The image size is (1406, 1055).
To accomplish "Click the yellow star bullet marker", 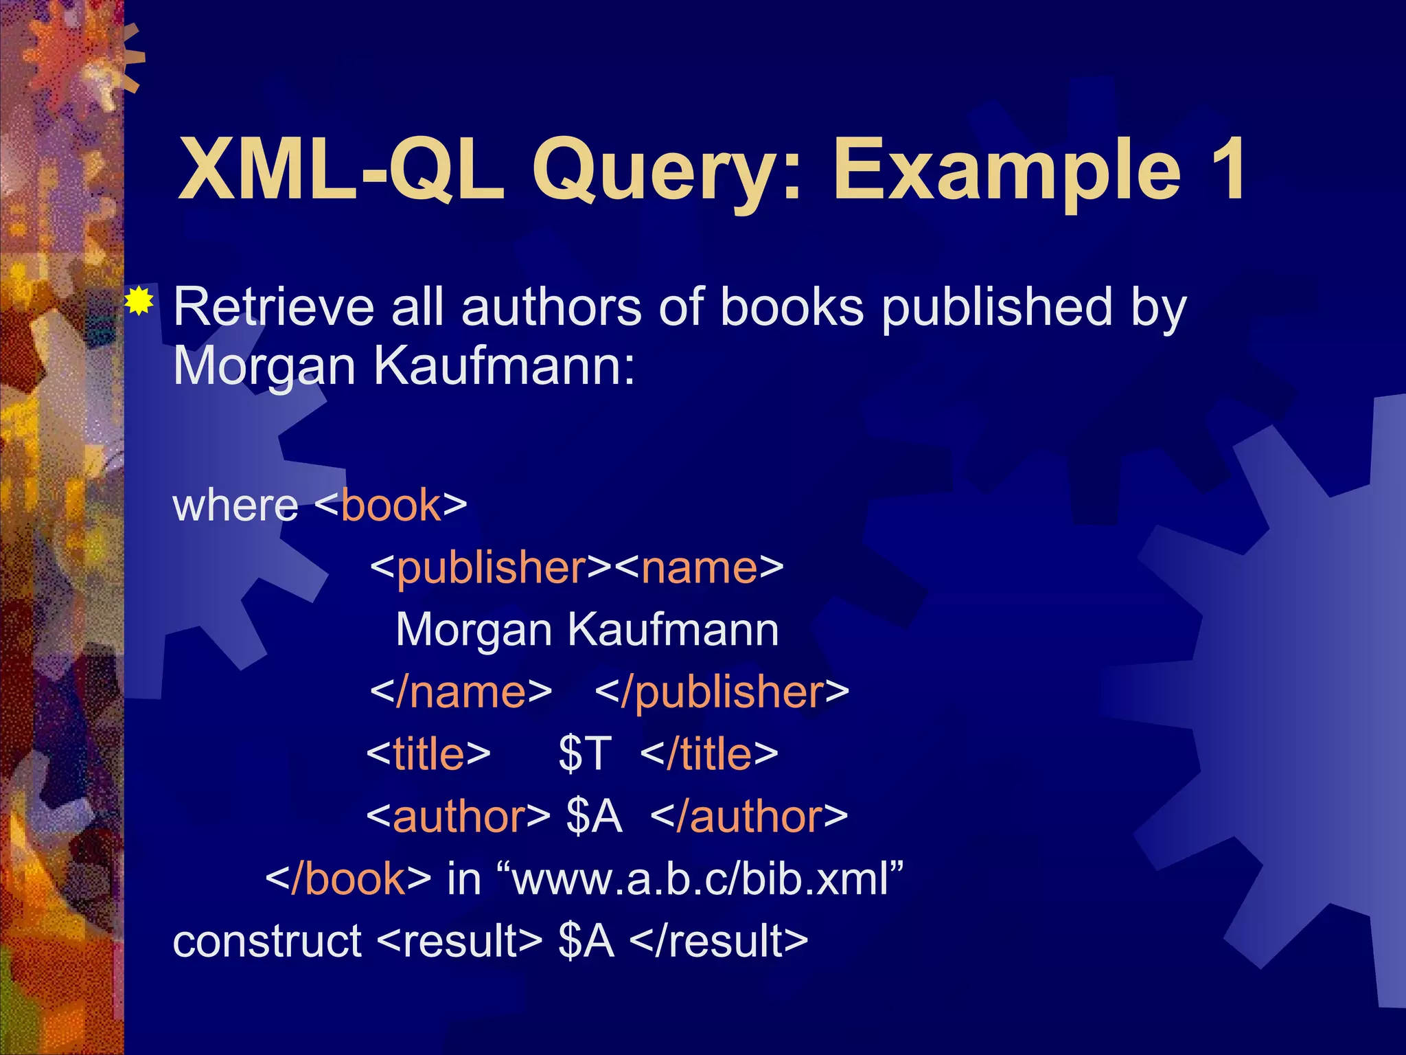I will point(139,302).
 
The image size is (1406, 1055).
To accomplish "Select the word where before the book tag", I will point(235,506).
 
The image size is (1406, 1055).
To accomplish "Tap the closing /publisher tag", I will point(722,692).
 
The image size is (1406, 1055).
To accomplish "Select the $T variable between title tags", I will point(584,754).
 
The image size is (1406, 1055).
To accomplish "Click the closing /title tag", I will point(709,754).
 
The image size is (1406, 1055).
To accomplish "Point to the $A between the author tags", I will point(594,817).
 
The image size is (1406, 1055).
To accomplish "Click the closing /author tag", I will point(749,817).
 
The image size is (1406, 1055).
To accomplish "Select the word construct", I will point(267,941).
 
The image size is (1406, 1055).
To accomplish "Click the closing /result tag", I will point(718,941).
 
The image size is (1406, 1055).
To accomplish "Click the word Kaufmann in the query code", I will point(673,630).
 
